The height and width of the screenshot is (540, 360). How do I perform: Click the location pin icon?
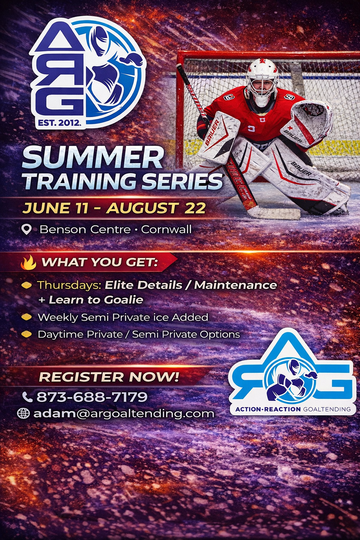(26, 230)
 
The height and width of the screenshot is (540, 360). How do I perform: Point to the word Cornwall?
(166, 230)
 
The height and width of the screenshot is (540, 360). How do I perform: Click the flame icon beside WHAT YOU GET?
(28, 262)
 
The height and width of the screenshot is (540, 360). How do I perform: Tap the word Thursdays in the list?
(69, 285)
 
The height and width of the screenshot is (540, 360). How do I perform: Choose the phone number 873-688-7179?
(92, 397)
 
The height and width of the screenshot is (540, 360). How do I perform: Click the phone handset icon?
(27, 397)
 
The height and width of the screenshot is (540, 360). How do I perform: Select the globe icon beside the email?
(23, 413)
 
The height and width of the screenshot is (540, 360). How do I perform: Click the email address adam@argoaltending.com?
(124, 413)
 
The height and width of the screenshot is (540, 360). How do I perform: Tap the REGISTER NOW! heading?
(109, 377)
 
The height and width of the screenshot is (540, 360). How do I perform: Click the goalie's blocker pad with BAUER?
(218, 137)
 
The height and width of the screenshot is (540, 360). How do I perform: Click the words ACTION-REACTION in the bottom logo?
(268, 409)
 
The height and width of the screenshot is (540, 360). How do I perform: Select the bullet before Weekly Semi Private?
(26, 317)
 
